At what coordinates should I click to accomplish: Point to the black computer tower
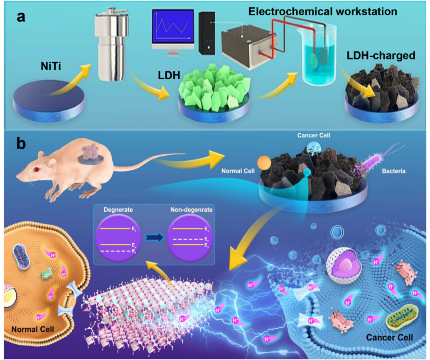click(x=206, y=33)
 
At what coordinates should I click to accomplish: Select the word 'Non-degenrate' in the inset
click(x=192, y=210)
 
